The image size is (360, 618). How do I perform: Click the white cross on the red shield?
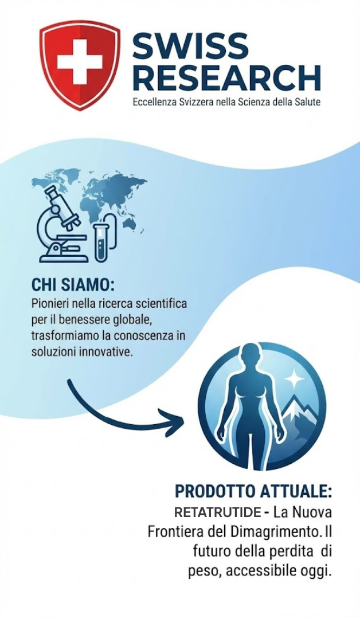tap(80, 61)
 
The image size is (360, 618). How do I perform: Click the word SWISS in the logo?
tap(190, 45)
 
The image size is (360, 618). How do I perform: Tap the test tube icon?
tap(101, 242)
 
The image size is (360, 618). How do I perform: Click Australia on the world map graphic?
tap(130, 224)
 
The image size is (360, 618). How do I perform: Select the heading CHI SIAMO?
tap(73, 285)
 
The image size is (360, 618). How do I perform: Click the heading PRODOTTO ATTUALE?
tap(253, 491)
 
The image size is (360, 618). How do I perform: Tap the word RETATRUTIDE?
tap(218, 513)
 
